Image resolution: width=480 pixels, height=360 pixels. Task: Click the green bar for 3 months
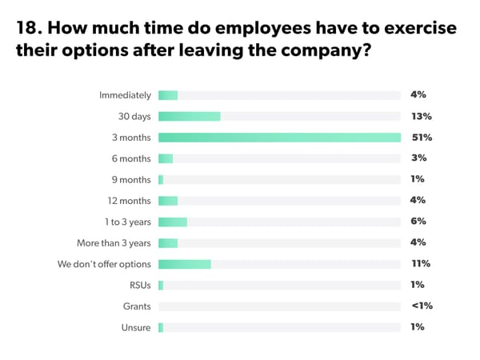279,137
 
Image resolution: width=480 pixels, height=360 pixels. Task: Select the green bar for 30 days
189,116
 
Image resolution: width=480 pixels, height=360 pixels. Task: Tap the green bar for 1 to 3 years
172,222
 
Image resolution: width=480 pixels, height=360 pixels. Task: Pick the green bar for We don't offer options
184,263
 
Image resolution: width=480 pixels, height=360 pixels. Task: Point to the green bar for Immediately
168,95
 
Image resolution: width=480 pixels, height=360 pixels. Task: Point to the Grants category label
136,306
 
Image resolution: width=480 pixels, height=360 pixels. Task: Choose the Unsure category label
137,326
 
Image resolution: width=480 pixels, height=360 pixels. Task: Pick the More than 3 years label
114,242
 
